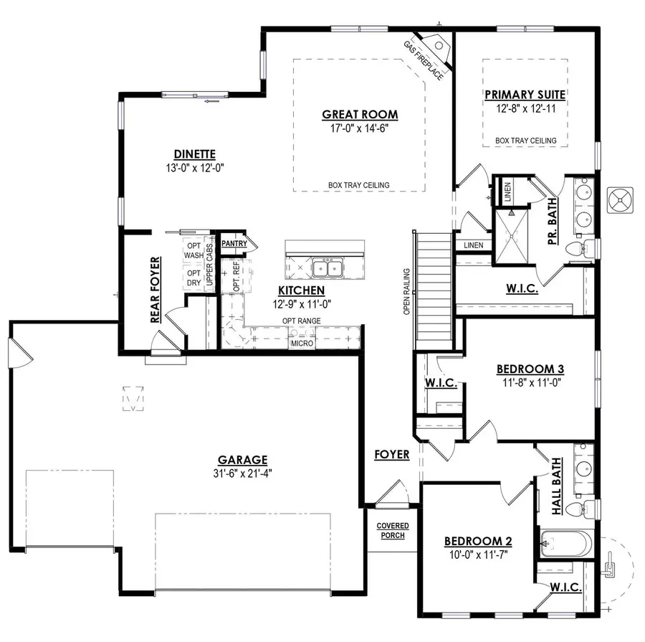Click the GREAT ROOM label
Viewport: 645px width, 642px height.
point(359,114)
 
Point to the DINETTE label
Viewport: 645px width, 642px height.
point(194,153)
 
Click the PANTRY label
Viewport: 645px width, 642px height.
point(234,244)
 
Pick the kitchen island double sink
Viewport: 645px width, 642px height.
point(327,269)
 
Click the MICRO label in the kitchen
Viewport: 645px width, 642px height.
point(301,344)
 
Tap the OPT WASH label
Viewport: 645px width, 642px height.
point(193,250)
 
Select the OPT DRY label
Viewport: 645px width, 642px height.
point(193,278)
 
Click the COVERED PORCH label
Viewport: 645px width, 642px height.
point(391,531)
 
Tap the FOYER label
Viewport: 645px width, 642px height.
point(391,455)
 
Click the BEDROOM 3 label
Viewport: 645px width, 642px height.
point(530,369)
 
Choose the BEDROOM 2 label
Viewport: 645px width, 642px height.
point(477,541)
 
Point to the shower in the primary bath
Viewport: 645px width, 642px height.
point(512,228)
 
